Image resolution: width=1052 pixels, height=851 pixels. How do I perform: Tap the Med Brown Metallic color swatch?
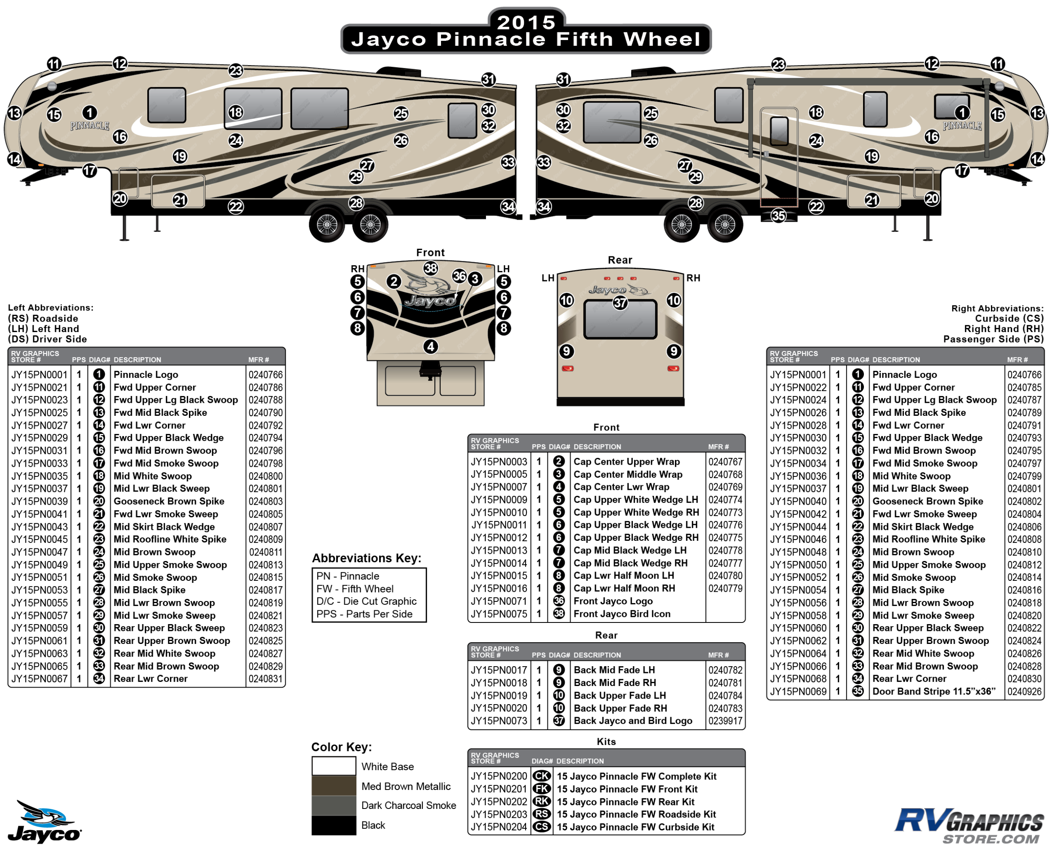click(x=334, y=785)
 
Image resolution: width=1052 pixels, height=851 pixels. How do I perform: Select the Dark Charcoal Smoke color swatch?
click(x=334, y=805)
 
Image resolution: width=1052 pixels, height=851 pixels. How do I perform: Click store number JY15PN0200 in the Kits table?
click(x=499, y=776)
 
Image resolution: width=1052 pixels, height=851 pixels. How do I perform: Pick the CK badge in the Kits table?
click(x=542, y=776)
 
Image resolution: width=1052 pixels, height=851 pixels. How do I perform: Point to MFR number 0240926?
click(x=1024, y=691)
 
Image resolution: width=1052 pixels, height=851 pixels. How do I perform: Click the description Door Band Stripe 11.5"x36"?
click(x=933, y=691)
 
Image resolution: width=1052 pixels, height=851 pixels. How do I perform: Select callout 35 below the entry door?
click(x=778, y=215)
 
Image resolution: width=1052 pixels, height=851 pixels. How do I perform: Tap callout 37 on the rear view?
click(x=620, y=303)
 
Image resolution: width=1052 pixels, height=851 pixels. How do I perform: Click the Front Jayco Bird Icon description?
click(x=622, y=614)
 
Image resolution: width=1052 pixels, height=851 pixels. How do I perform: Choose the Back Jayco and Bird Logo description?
click(x=632, y=721)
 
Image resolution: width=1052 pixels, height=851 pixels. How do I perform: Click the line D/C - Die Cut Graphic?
click(x=367, y=601)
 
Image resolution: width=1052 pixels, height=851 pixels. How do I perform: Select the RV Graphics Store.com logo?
click(x=969, y=827)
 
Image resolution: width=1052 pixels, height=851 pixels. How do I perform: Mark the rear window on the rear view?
click(x=620, y=319)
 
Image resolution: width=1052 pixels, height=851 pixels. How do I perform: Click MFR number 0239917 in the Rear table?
click(x=725, y=721)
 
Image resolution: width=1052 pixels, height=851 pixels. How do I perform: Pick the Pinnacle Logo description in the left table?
click(x=146, y=375)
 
